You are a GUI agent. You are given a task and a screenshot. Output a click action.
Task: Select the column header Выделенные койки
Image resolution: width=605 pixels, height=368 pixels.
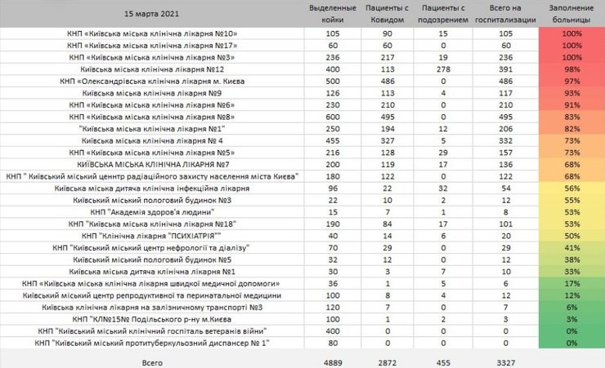click(x=333, y=14)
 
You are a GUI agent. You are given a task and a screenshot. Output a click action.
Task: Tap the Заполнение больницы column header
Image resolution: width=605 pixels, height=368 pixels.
click(x=571, y=14)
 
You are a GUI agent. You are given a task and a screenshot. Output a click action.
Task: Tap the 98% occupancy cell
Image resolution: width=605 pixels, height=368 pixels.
click(x=571, y=69)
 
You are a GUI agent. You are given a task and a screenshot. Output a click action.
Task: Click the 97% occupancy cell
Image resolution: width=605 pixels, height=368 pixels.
click(x=571, y=82)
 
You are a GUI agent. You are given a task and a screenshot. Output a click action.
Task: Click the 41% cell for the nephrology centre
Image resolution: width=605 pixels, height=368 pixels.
click(x=571, y=246)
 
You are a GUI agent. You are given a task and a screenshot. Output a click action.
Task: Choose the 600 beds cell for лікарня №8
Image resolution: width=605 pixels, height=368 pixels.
click(x=333, y=117)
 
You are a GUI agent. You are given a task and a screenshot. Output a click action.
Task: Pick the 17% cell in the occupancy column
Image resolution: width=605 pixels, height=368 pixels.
click(x=571, y=282)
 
